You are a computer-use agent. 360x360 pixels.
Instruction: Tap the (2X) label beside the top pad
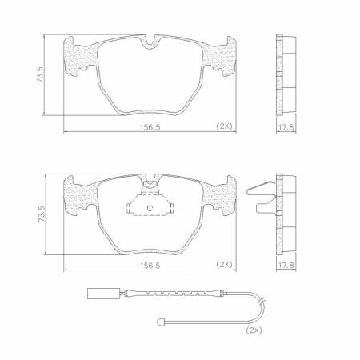pyautogui.click(x=224, y=126)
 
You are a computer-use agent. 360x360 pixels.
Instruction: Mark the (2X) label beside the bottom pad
pyautogui.click(x=224, y=265)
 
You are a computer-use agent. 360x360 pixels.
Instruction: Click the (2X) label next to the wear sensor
pyautogui.click(x=254, y=329)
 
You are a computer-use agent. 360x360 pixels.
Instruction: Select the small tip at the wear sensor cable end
pyautogui.click(x=160, y=323)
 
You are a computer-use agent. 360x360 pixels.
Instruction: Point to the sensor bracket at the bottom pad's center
pyautogui.click(x=149, y=206)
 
